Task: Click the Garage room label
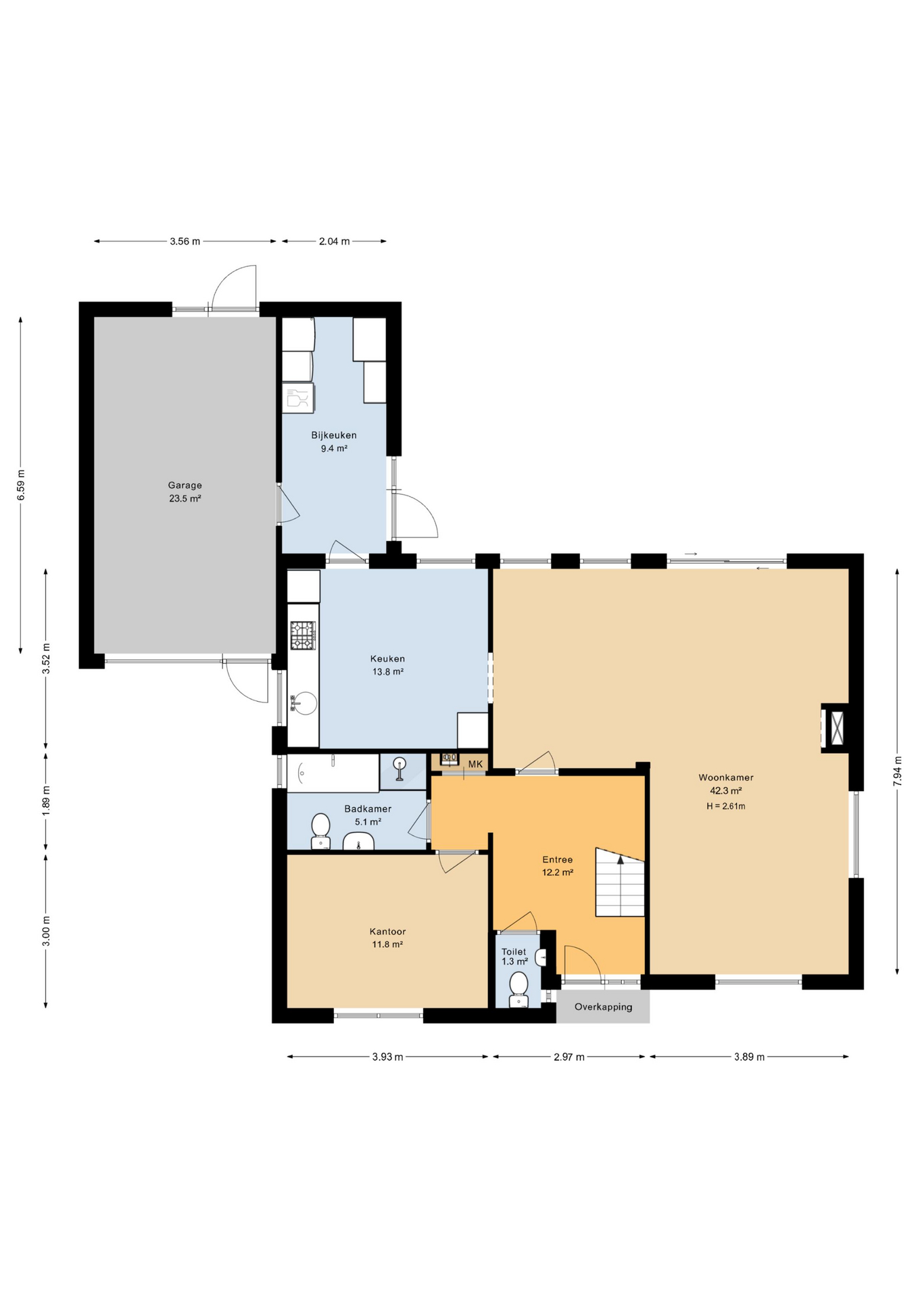coord(185,485)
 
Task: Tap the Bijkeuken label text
coord(334,435)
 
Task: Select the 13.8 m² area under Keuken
coord(388,671)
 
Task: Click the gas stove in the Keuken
coord(303,635)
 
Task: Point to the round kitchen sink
coord(304,703)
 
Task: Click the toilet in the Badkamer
coord(320,831)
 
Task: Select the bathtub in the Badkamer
coord(333,773)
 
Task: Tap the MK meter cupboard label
coord(476,764)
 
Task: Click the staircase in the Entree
coord(620,882)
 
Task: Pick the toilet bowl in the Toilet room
coord(518,989)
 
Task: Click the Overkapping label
coord(604,1007)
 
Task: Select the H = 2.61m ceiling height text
coord(726,806)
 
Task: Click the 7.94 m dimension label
coord(898,770)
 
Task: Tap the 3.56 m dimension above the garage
coord(185,241)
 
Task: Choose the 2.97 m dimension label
coord(569,1057)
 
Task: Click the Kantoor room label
coord(388,932)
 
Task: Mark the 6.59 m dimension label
coord(21,485)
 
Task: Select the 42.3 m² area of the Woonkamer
coord(726,790)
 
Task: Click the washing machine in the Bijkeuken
coord(298,398)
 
